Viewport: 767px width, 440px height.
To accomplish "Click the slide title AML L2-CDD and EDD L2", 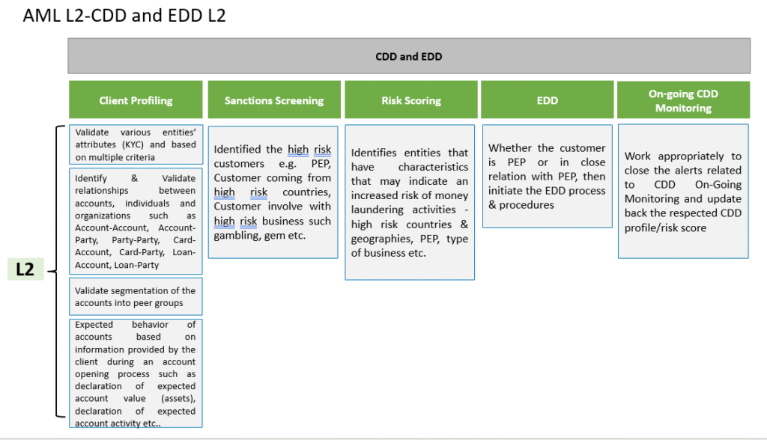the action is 124,16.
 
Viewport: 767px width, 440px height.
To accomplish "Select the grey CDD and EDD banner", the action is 409,56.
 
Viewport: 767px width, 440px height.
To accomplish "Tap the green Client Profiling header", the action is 136,100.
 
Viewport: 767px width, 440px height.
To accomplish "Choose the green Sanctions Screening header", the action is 274,100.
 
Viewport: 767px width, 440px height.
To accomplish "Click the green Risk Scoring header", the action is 411,100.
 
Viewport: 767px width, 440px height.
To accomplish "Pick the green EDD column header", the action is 547,100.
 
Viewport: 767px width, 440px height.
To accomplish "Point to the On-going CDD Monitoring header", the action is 683,100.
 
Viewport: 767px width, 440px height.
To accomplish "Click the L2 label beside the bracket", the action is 25,269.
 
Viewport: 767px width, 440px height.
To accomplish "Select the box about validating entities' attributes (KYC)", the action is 136,144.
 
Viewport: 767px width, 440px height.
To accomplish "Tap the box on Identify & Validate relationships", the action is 136,221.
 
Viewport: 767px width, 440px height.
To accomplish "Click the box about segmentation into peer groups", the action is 136,297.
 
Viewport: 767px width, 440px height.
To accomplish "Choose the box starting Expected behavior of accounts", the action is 136,373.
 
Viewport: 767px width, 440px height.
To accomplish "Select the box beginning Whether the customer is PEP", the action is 548,177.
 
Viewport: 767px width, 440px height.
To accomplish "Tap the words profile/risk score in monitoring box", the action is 665,227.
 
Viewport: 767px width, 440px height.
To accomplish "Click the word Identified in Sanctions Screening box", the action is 237,149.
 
